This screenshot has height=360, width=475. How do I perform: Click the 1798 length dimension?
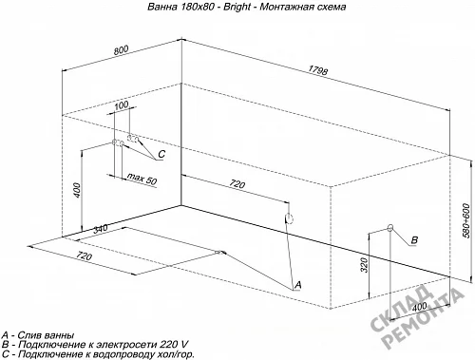pos(317,70)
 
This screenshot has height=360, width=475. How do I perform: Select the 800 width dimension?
pos(121,50)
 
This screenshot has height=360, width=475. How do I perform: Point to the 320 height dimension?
pos(364,265)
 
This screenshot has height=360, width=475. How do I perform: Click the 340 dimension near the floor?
pos(101,228)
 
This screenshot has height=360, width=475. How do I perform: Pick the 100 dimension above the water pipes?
pos(121,105)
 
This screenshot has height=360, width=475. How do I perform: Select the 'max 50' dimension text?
pos(142,179)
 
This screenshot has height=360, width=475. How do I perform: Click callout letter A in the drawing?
pos(297,285)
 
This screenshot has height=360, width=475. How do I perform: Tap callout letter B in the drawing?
pos(414,240)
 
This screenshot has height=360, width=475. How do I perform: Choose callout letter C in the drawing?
pos(161,154)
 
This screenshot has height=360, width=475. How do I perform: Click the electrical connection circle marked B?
pos(390,227)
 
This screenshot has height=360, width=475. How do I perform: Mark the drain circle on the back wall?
pos(289,218)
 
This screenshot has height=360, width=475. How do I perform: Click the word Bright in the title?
pos(237,7)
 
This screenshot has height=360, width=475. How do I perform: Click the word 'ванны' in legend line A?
pos(59,335)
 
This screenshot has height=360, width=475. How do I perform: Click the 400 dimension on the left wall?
pos(78,189)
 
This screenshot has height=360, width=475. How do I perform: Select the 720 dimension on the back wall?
pos(237,183)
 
